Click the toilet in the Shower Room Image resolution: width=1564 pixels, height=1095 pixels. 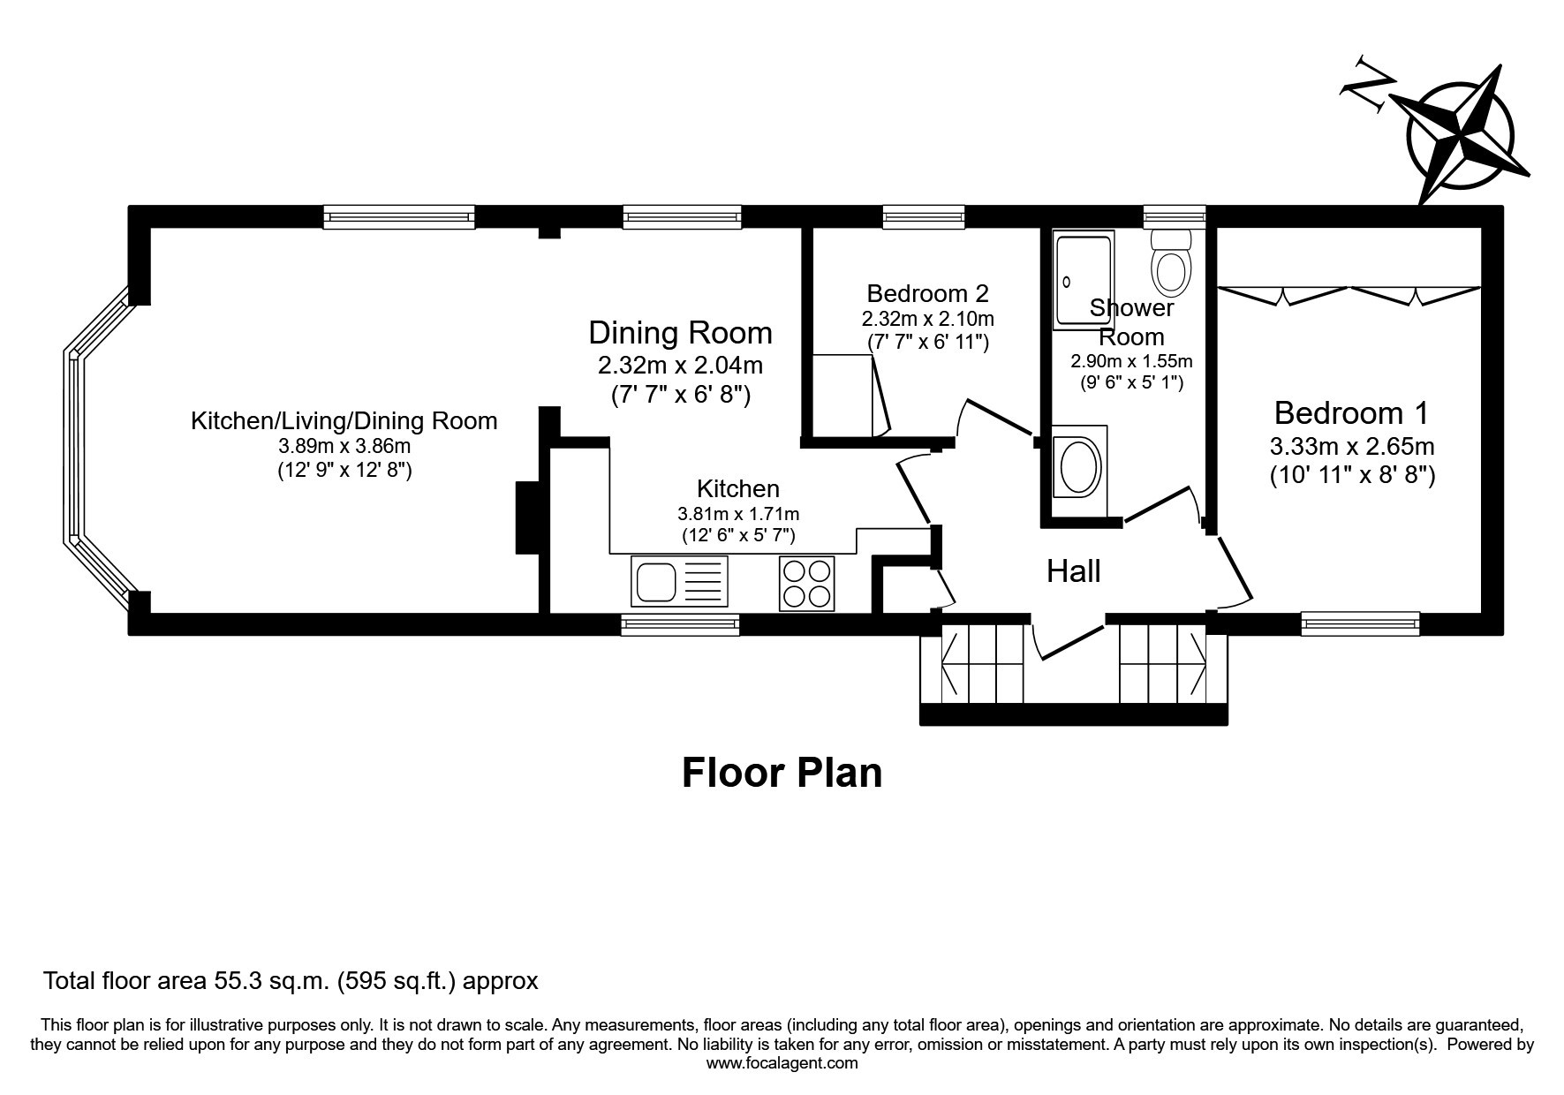click(x=1171, y=262)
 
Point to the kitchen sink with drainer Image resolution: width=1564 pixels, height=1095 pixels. click(x=679, y=582)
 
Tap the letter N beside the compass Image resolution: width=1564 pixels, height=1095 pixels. click(x=1367, y=85)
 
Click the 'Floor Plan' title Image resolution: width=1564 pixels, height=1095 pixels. click(x=782, y=772)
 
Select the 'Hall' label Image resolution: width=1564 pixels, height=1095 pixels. click(x=1073, y=571)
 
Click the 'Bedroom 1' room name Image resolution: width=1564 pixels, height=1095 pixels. click(x=1351, y=412)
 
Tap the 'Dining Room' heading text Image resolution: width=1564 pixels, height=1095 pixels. click(x=680, y=333)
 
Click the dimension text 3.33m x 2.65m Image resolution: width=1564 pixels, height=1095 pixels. click(x=1352, y=446)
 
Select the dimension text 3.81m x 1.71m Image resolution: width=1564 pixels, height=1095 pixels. click(x=738, y=513)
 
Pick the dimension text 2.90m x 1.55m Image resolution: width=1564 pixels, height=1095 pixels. click(x=1131, y=361)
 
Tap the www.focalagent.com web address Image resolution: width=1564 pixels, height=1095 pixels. click(x=782, y=1063)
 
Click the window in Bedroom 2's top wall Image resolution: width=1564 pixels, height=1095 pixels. click(x=924, y=217)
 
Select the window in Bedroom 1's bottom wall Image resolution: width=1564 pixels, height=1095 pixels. click(x=1361, y=624)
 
